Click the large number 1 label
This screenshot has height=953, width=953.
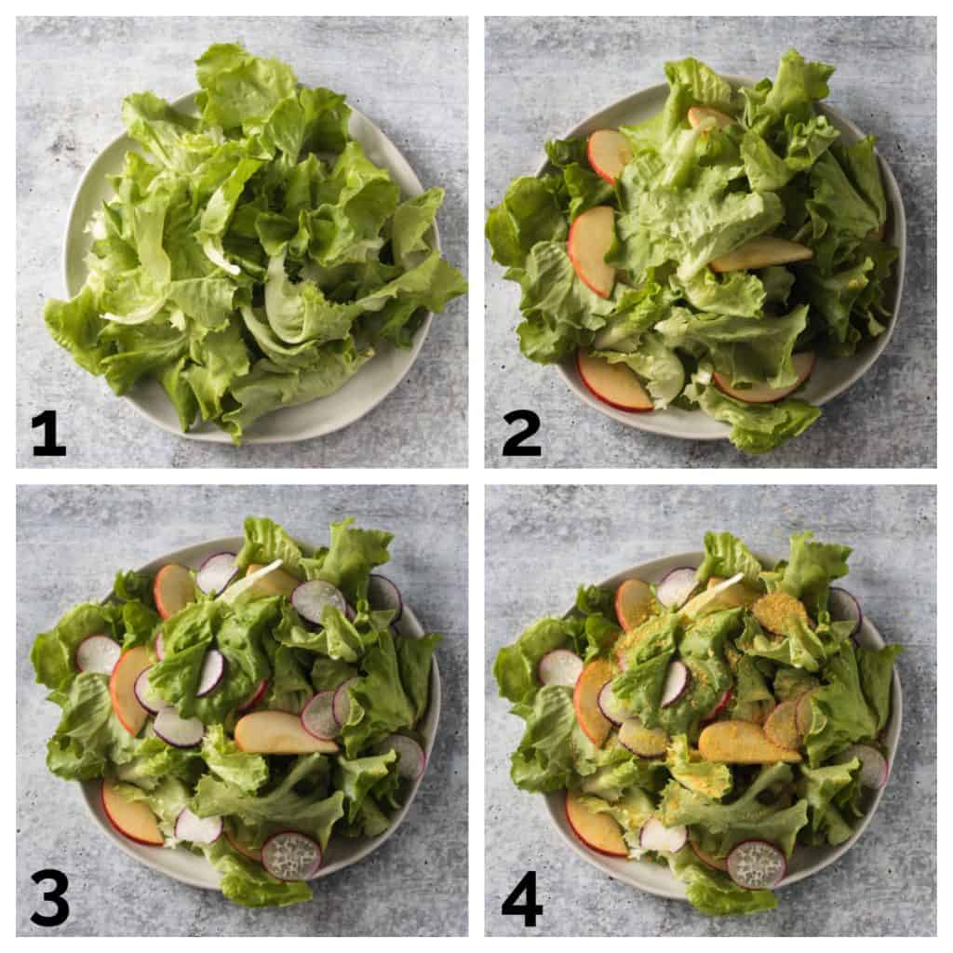click(48, 433)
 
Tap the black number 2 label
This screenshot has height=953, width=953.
click(521, 433)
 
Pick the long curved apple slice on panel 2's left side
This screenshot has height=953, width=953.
click(592, 250)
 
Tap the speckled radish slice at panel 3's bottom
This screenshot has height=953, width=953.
click(291, 855)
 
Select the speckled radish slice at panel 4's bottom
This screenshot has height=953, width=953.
click(756, 863)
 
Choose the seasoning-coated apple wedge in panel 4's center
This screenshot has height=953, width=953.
click(747, 742)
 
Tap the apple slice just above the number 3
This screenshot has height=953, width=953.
click(130, 813)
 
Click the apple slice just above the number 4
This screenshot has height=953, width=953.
click(595, 824)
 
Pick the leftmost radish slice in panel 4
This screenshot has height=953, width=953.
click(560, 668)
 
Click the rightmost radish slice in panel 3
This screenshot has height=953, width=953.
click(406, 756)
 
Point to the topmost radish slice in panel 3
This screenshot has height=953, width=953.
click(217, 572)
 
